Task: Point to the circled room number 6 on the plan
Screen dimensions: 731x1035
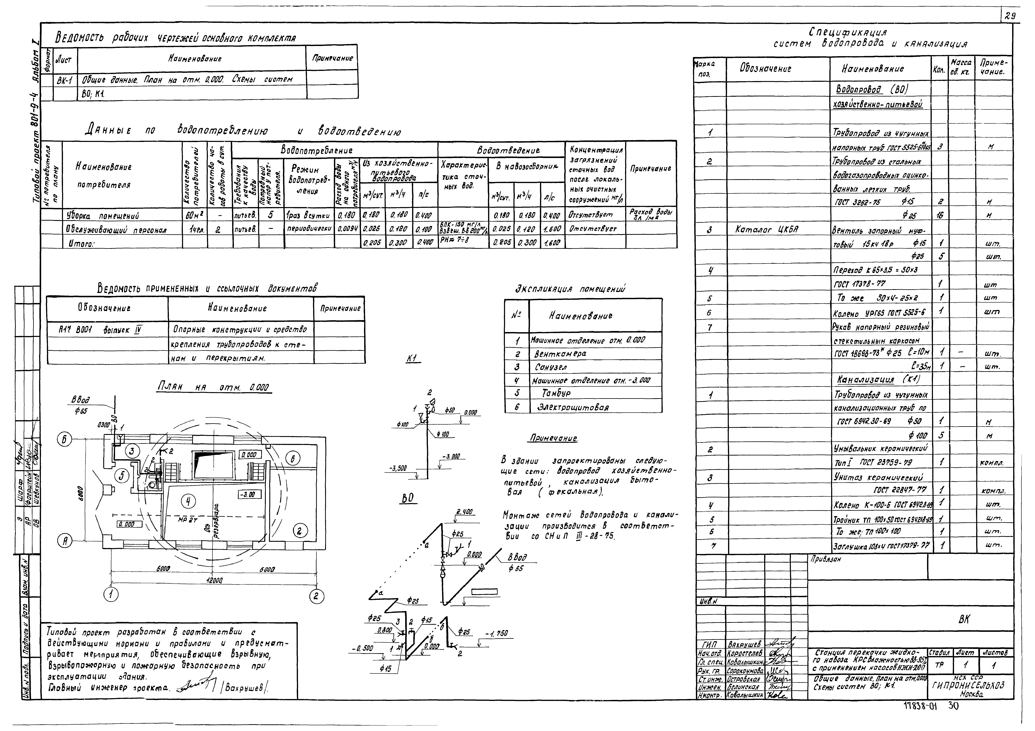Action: (292, 459)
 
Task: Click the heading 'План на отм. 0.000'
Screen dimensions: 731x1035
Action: (215, 387)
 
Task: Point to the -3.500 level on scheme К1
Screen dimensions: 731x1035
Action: (398, 468)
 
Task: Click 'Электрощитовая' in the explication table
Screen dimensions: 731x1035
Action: (572, 407)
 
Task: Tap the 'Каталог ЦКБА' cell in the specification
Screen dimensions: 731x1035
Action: (761, 230)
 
